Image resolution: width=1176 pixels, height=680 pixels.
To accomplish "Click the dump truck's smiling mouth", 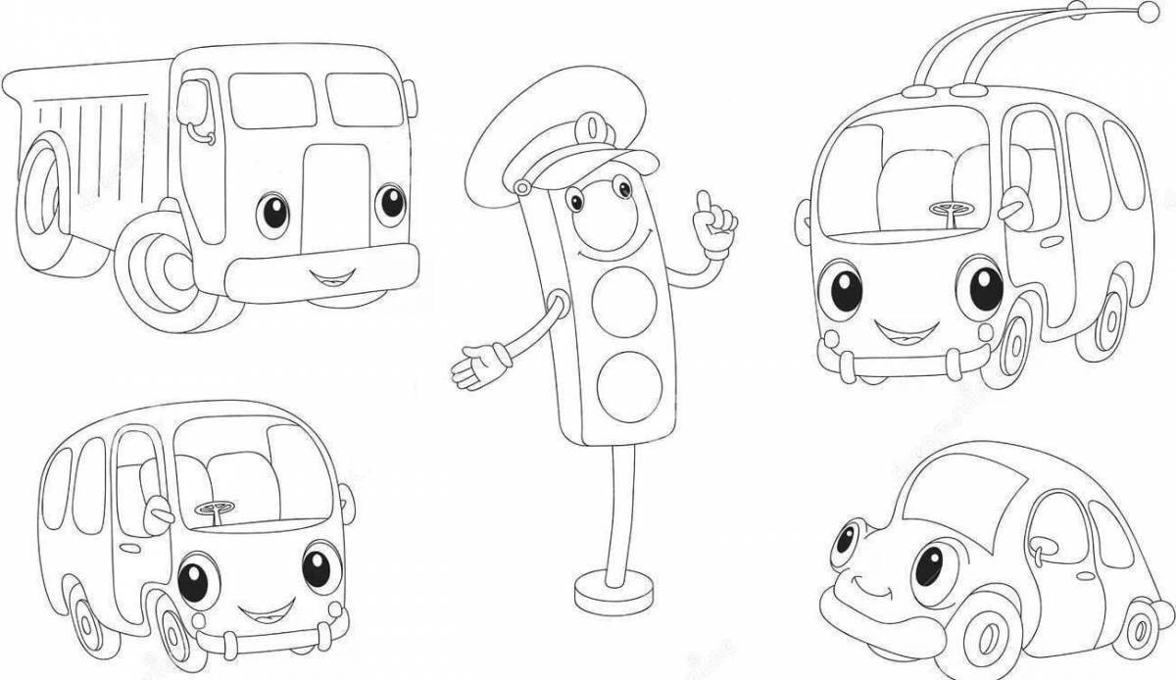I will (x=328, y=273).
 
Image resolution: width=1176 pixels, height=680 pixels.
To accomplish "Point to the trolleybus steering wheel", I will (x=948, y=209).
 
